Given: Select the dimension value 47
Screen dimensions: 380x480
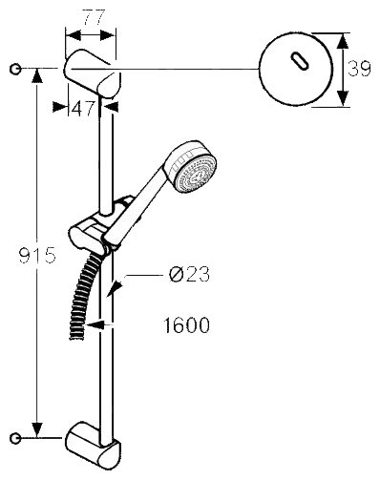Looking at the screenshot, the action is point(83,108).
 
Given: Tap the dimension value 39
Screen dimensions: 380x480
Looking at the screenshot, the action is point(359,69).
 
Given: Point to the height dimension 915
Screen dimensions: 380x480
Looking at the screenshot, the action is point(37,255).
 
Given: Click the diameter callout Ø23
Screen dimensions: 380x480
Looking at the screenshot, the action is point(189,274).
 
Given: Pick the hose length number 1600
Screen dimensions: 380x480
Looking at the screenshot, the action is point(187,324).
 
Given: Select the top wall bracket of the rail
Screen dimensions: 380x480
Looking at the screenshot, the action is point(93,73).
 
